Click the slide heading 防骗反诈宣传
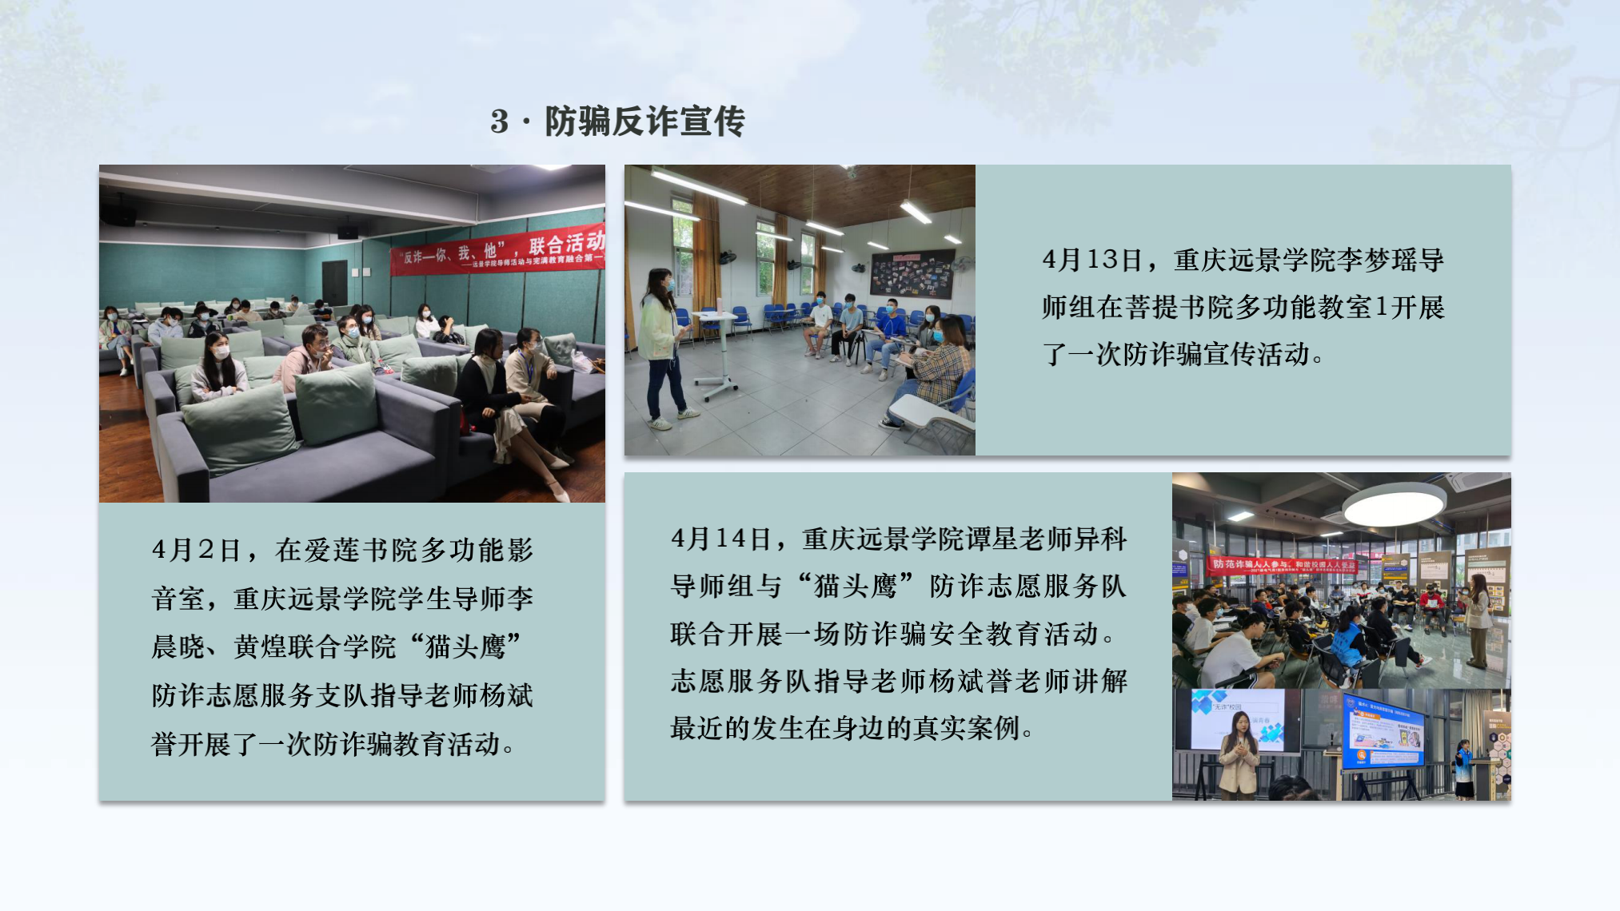point(644,121)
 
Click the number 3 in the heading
point(500,122)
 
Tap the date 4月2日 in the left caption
point(196,551)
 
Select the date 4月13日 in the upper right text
point(1091,260)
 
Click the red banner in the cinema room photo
point(497,250)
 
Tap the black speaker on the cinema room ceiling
point(118,214)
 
